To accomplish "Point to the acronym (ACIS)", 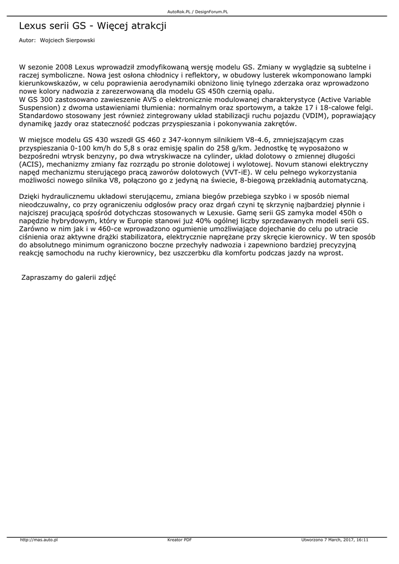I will click(x=30, y=164).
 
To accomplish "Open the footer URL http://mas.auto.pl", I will click(x=39, y=540).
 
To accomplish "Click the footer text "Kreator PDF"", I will click(x=179, y=540).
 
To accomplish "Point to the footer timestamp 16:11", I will click(x=362, y=540).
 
